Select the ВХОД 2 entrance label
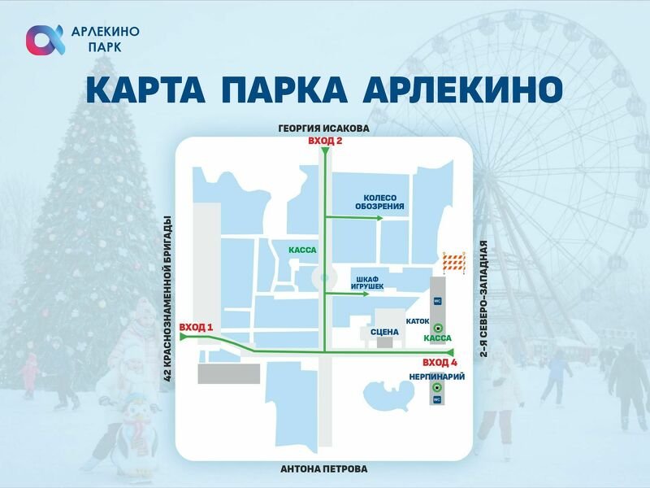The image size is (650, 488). (x=325, y=142)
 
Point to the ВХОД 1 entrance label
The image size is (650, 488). (x=196, y=328)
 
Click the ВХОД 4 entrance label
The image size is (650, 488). (x=440, y=362)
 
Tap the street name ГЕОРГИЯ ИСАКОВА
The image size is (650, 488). (x=323, y=129)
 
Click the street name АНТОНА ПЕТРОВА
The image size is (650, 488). (x=323, y=469)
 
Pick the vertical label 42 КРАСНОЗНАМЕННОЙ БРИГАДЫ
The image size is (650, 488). (x=169, y=298)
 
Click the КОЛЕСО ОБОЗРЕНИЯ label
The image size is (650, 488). (x=379, y=202)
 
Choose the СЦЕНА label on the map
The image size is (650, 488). (x=384, y=332)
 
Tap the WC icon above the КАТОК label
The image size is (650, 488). (x=438, y=301)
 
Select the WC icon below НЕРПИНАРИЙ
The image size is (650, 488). (x=436, y=400)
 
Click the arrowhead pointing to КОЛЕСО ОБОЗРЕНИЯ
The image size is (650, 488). (x=379, y=218)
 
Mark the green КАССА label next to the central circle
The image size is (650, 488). (x=302, y=250)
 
